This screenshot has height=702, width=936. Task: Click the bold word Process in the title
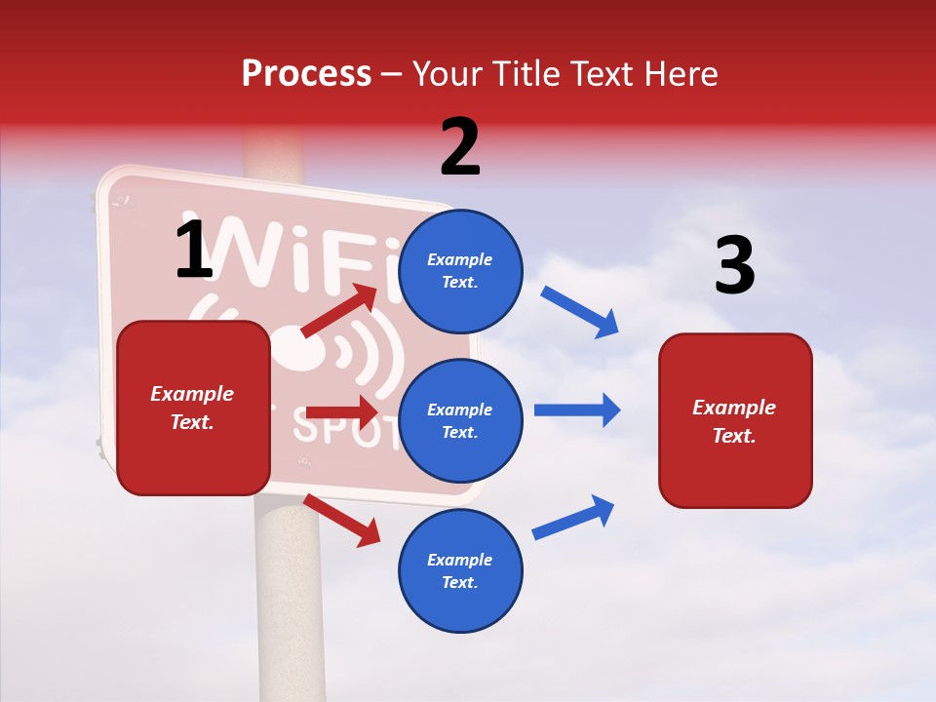coord(306,73)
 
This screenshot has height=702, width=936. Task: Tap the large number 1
coord(194,250)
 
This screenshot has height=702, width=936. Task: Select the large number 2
coord(460,147)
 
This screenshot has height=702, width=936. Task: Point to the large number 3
coord(734,265)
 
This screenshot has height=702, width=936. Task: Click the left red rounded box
coord(193,408)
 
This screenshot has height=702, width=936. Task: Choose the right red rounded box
coord(735,420)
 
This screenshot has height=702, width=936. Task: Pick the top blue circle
coord(460,271)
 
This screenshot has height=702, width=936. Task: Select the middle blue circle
coord(460,420)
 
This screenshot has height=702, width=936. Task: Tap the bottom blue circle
coord(460,570)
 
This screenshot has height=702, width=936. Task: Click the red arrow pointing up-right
coord(339,311)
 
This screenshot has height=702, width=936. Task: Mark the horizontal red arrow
coord(341,412)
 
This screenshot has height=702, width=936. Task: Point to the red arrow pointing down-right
coord(342,520)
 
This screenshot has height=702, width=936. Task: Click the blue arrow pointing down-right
coord(579,312)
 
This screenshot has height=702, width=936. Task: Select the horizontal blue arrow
coord(577,409)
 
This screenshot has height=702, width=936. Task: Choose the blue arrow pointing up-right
coord(574,517)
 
